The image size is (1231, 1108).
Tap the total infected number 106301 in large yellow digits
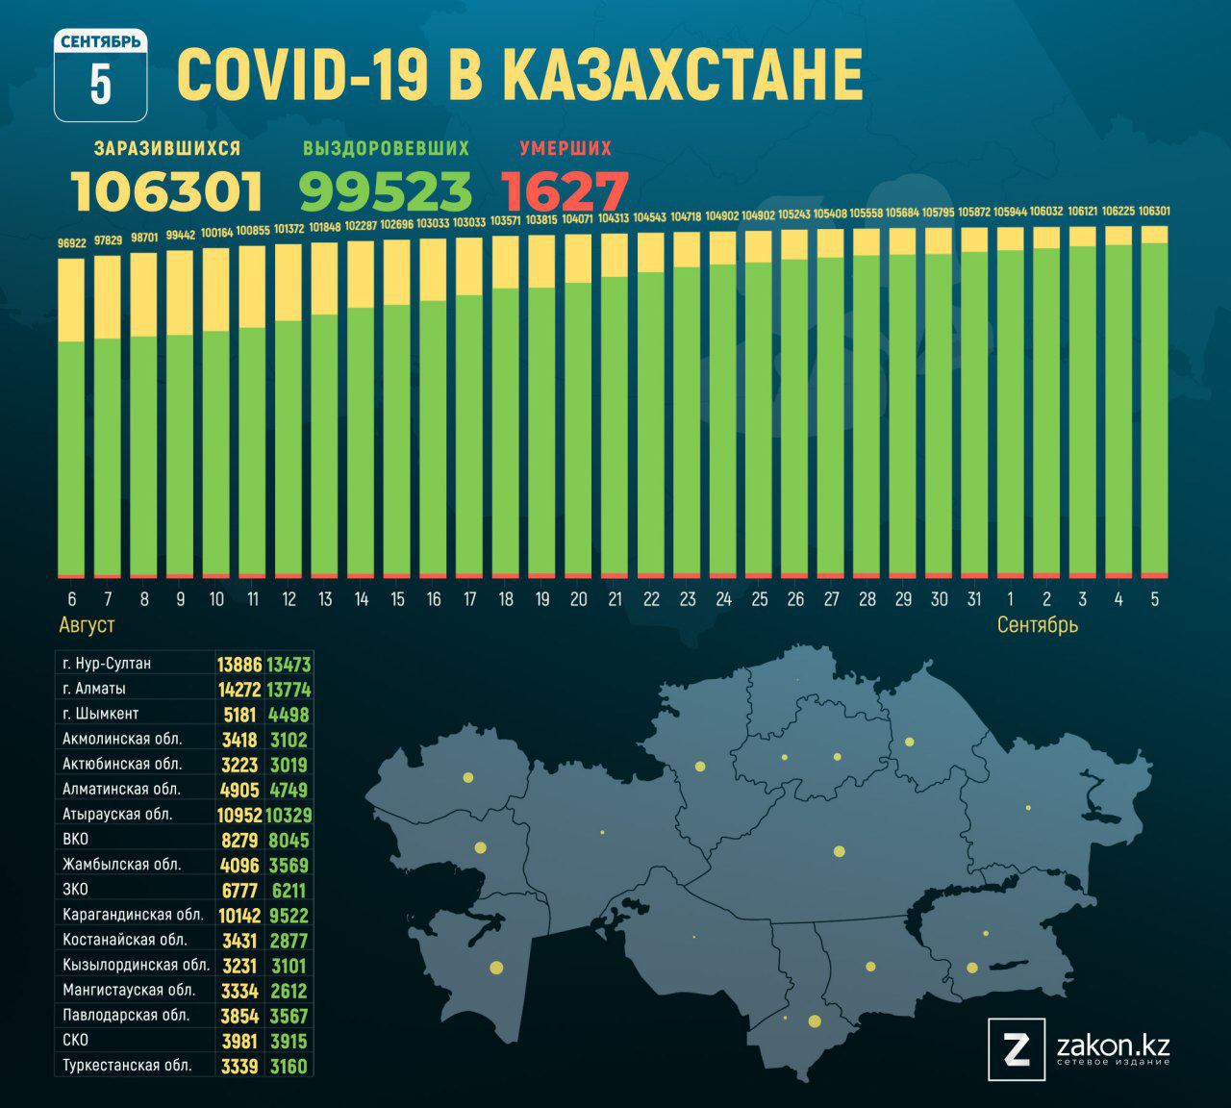tap(166, 190)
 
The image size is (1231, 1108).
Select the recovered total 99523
tap(386, 190)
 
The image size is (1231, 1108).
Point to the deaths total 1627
tap(565, 190)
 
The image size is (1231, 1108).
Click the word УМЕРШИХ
tap(565, 148)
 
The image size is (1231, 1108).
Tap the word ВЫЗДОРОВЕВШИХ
tap(386, 148)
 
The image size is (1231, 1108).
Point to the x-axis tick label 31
tap(974, 599)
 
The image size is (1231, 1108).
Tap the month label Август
tap(87, 625)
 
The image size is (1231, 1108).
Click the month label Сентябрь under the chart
tap(1037, 625)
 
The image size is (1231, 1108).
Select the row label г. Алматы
tap(94, 689)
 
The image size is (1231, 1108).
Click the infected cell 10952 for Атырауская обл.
tap(239, 815)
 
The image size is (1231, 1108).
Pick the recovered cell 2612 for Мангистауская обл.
tap(289, 991)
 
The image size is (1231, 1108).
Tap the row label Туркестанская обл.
tap(127, 1066)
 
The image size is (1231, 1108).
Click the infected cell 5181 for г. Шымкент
tap(239, 715)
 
